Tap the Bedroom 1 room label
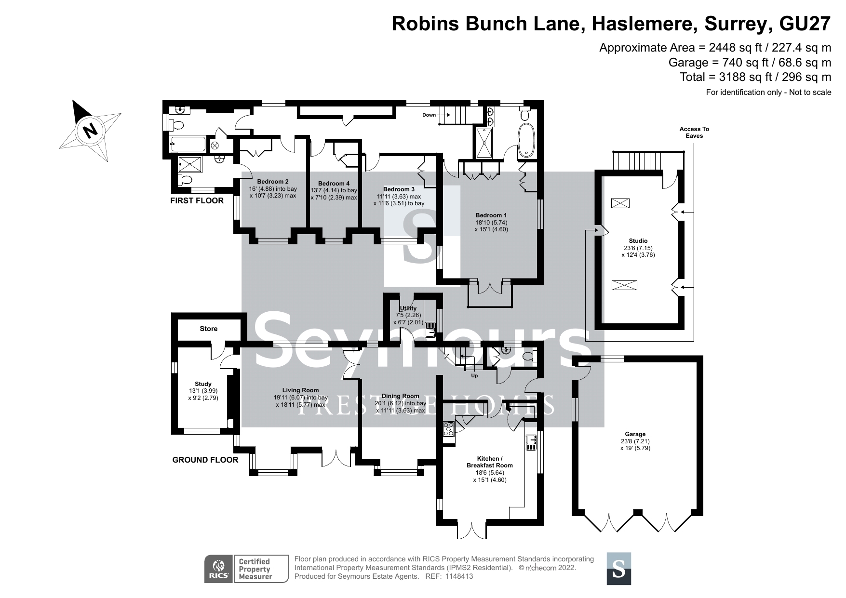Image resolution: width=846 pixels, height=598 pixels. coord(491,215)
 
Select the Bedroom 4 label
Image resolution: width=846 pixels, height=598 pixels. coord(334,184)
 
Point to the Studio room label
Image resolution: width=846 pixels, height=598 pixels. coord(638,241)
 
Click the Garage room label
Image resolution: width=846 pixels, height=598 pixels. coord(636,434)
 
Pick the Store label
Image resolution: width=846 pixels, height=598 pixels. coord(209,329)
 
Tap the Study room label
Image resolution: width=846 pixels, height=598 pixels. coord(203,384)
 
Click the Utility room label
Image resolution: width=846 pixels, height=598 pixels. coord(408,308)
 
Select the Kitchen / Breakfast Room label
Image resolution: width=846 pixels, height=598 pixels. coord(490,462)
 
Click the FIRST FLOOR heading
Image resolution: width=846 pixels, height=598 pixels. coord(197,200)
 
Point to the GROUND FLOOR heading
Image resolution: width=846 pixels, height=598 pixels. coord(205,460)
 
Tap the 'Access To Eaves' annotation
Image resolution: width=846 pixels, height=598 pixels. coord(694,133)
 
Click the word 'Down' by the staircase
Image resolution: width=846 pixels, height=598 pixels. coord(429,115)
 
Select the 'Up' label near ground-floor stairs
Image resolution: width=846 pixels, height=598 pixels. coord(474,376)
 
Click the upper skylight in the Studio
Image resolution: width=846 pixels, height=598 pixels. coord(617,203)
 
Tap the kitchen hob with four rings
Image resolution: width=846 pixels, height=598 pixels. coord(448,429)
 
